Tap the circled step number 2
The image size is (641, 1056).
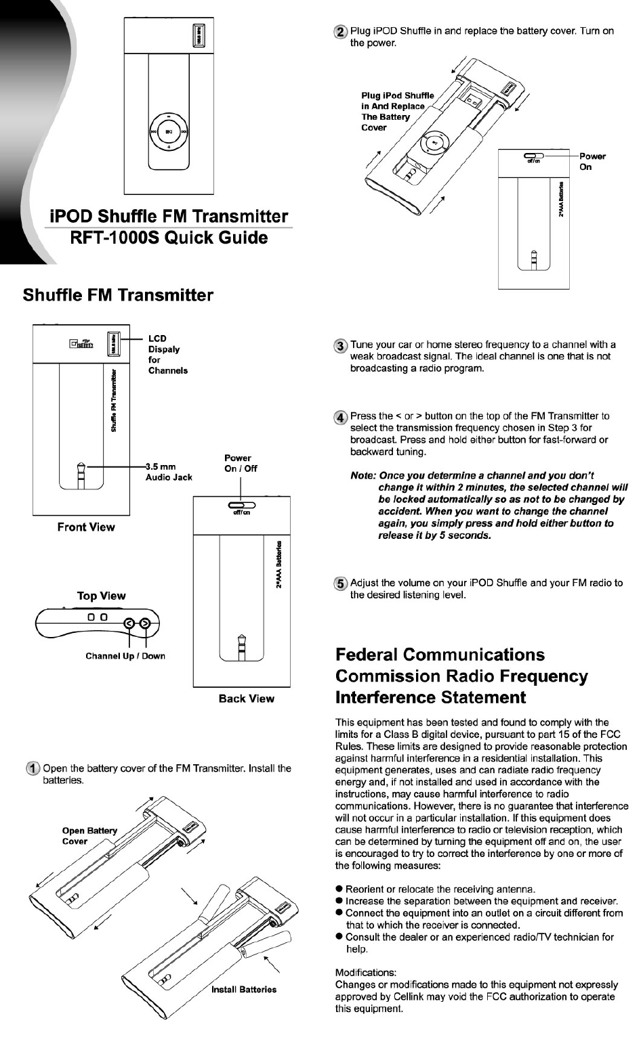coord(341,32)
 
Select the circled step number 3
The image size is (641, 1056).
coord(341,345)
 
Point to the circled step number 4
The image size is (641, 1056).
coord(341,416)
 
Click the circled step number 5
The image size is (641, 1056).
coord(341,583)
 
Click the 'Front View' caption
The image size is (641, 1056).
coord(86,527)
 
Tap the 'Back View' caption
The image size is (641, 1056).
coord(246,699)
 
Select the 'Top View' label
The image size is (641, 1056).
coord(101,596)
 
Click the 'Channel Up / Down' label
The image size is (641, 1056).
coord(125,656)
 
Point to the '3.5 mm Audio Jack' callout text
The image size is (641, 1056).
coord(169,472)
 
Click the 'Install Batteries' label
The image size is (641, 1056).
coord(244,990)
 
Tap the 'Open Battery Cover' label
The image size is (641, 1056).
coord(89,836)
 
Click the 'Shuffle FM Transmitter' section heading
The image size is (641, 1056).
coord(118,295)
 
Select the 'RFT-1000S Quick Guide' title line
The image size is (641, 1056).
coord(169,238)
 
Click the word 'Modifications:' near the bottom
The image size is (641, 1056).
coord(366,973)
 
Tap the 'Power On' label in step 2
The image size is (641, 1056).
coord(592,161)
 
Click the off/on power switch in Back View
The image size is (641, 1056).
coord(242,505)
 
